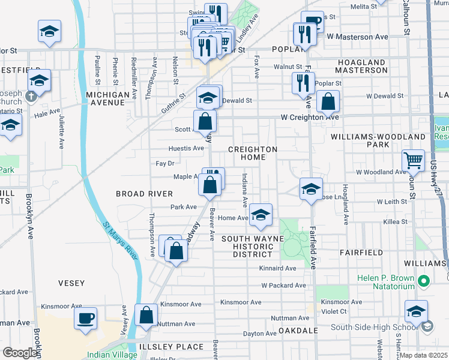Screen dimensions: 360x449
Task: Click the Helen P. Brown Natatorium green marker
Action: tap(424, 281)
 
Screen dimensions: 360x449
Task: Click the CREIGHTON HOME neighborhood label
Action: tap(253, 153)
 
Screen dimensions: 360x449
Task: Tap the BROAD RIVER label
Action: tap(144, 194)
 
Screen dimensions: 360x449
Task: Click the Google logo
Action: tap(20, 353)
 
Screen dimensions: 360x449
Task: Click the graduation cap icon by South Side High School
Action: tap(416, 311)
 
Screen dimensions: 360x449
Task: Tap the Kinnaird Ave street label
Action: tap(277, 268)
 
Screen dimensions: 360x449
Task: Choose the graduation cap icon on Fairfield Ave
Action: tap(311, 189)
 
